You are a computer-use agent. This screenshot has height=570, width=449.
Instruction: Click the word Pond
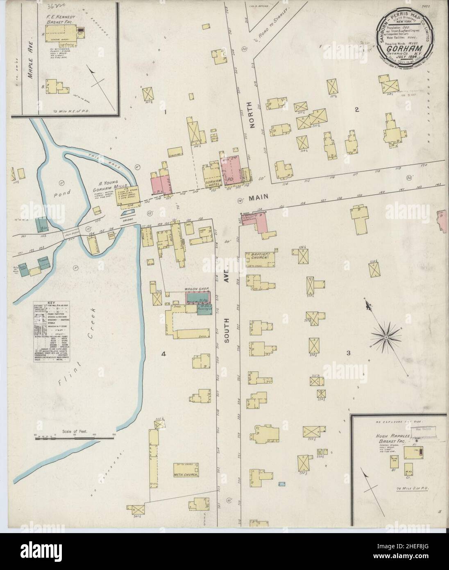click(x=64, y=192)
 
